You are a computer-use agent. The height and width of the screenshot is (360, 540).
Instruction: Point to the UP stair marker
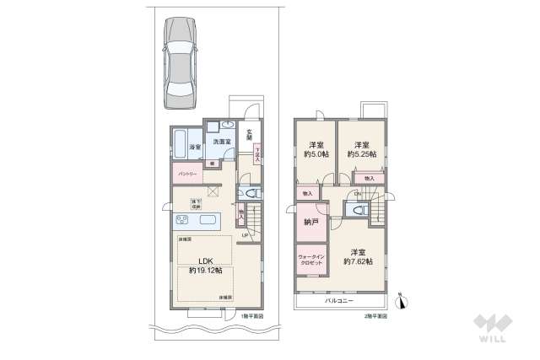(x=245, y=235)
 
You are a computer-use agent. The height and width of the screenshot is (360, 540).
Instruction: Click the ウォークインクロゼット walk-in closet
(x=310, y=261)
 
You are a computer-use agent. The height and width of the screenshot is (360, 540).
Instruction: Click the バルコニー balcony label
(x=341, y=301)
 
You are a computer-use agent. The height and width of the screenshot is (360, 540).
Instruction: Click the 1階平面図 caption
(x=251, y=316)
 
